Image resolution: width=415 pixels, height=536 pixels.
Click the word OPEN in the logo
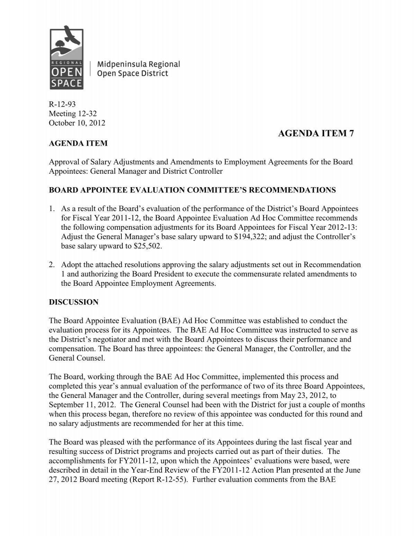(66, 72)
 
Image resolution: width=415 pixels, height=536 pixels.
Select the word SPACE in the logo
(66, 83)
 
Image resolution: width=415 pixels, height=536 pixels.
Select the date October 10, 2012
(77, 123)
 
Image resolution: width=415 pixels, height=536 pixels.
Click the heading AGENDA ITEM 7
(316, 134)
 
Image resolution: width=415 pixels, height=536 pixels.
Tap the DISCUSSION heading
(74, 302)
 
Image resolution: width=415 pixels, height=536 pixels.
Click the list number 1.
(52, 209)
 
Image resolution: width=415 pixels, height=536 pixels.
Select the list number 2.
(52, 265)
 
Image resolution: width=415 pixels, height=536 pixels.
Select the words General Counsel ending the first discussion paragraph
(76, 358)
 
